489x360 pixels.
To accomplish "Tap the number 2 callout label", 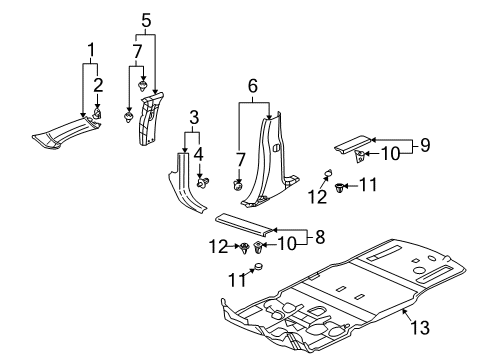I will pyautogui.click(x=97, y=83).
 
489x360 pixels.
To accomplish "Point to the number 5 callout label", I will pyautogui.click(x=147, y=19).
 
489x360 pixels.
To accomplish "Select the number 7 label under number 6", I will pyautogui.click(x=239, y=159).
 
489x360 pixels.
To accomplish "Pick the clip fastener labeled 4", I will pyautogui.click(x=202, y=183).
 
